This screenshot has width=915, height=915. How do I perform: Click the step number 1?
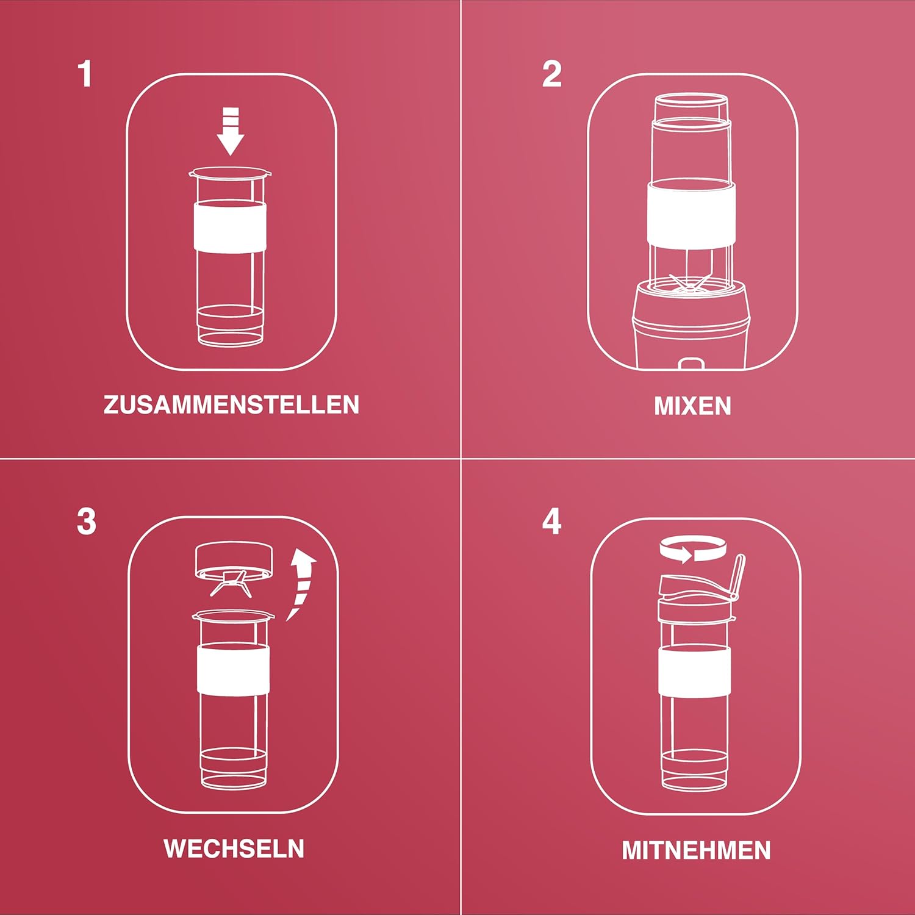[x=85, y=74]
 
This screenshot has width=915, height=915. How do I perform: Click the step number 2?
[x=551, y=74]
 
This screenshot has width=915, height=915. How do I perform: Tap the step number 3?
[x=87, y=522]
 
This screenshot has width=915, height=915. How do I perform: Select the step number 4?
[x=551, y=522]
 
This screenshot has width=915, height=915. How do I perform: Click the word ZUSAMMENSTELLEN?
[x=231, y=405]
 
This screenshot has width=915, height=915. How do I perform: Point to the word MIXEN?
[x=692, y=406]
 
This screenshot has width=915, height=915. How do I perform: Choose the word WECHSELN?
[x=234, y=849]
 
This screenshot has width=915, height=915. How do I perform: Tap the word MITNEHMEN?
[x=696, y=850]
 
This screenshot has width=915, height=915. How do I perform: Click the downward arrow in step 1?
[x=231, y=131]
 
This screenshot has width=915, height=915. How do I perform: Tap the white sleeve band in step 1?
[x=230, y=226]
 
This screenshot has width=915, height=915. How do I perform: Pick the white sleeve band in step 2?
[x=691, y=213]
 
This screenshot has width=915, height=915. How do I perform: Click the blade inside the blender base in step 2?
[x=691, y=284]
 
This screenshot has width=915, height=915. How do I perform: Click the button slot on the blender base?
[x=692, y=364]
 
